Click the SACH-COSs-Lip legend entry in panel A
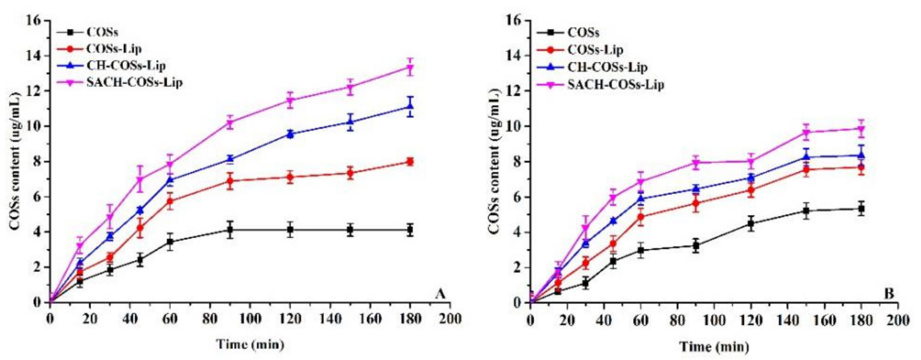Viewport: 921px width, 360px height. click(134, 83)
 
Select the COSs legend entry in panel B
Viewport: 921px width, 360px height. click(583, 33)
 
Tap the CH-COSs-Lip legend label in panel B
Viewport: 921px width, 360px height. click(607, 68)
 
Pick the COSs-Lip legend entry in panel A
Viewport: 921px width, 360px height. click(113, 49)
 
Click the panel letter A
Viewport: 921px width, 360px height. click(440, 294)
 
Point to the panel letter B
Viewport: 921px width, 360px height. click(889, 294)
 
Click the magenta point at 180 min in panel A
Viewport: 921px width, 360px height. click(410, 68)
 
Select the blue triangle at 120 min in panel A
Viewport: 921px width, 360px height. click(290, 134)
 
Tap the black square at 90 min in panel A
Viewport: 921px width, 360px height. click(230, 230)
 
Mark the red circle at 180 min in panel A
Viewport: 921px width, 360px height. click(410, 162)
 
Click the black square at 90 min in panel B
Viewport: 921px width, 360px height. click(696, 245)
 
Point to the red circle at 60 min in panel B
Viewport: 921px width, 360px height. click(641, 217)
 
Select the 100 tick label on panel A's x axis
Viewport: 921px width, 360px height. click(250, 319)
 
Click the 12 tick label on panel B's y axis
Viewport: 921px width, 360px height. click(514, 91)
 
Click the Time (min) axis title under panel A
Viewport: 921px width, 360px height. click(250, 344)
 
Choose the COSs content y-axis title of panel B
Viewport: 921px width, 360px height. click(494, 161)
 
